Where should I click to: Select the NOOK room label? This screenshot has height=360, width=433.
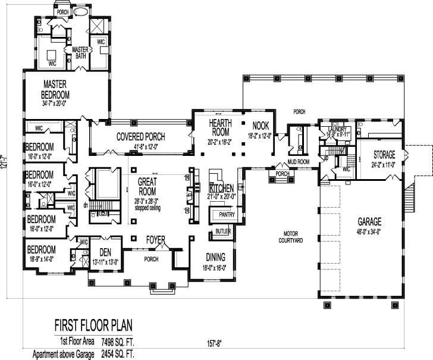pos(261,126)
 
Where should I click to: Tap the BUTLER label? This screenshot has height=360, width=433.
pos(223,231)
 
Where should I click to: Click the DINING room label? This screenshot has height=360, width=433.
pos(215,256)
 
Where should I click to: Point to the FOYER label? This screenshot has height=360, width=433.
pos(156,239)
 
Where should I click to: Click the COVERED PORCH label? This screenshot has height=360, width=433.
pos(141,137)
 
